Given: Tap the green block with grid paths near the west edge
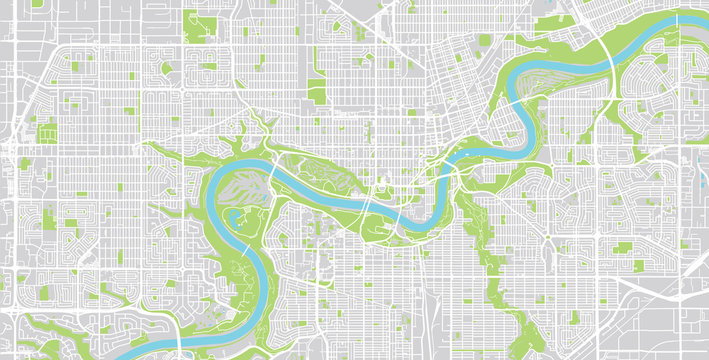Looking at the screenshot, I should coord(46,130).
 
